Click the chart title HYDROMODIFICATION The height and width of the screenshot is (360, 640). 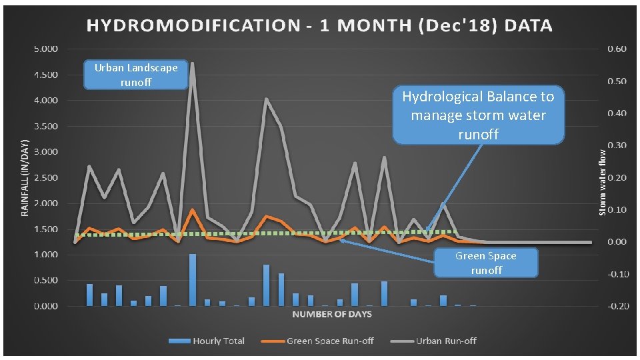click(319, 26)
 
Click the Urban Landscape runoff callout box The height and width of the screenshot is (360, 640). click(136, 75)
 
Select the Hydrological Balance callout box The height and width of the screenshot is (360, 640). click(478, 115)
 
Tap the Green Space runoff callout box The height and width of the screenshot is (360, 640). click(485, 263)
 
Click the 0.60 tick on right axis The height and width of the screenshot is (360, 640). click(617, 49)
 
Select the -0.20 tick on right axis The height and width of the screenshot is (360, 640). click(615, 306)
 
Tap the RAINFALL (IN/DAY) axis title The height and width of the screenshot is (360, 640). click(25, 177)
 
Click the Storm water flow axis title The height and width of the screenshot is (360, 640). click(602, 181)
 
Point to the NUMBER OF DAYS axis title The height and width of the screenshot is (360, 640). click(331, 313)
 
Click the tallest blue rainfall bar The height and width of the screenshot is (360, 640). click(193, 280)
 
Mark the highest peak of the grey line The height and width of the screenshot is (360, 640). click(193, 64)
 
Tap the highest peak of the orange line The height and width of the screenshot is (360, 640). click(193, 210)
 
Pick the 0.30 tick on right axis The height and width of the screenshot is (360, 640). click(617, 145)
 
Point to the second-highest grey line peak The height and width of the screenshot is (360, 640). click(266, 99)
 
